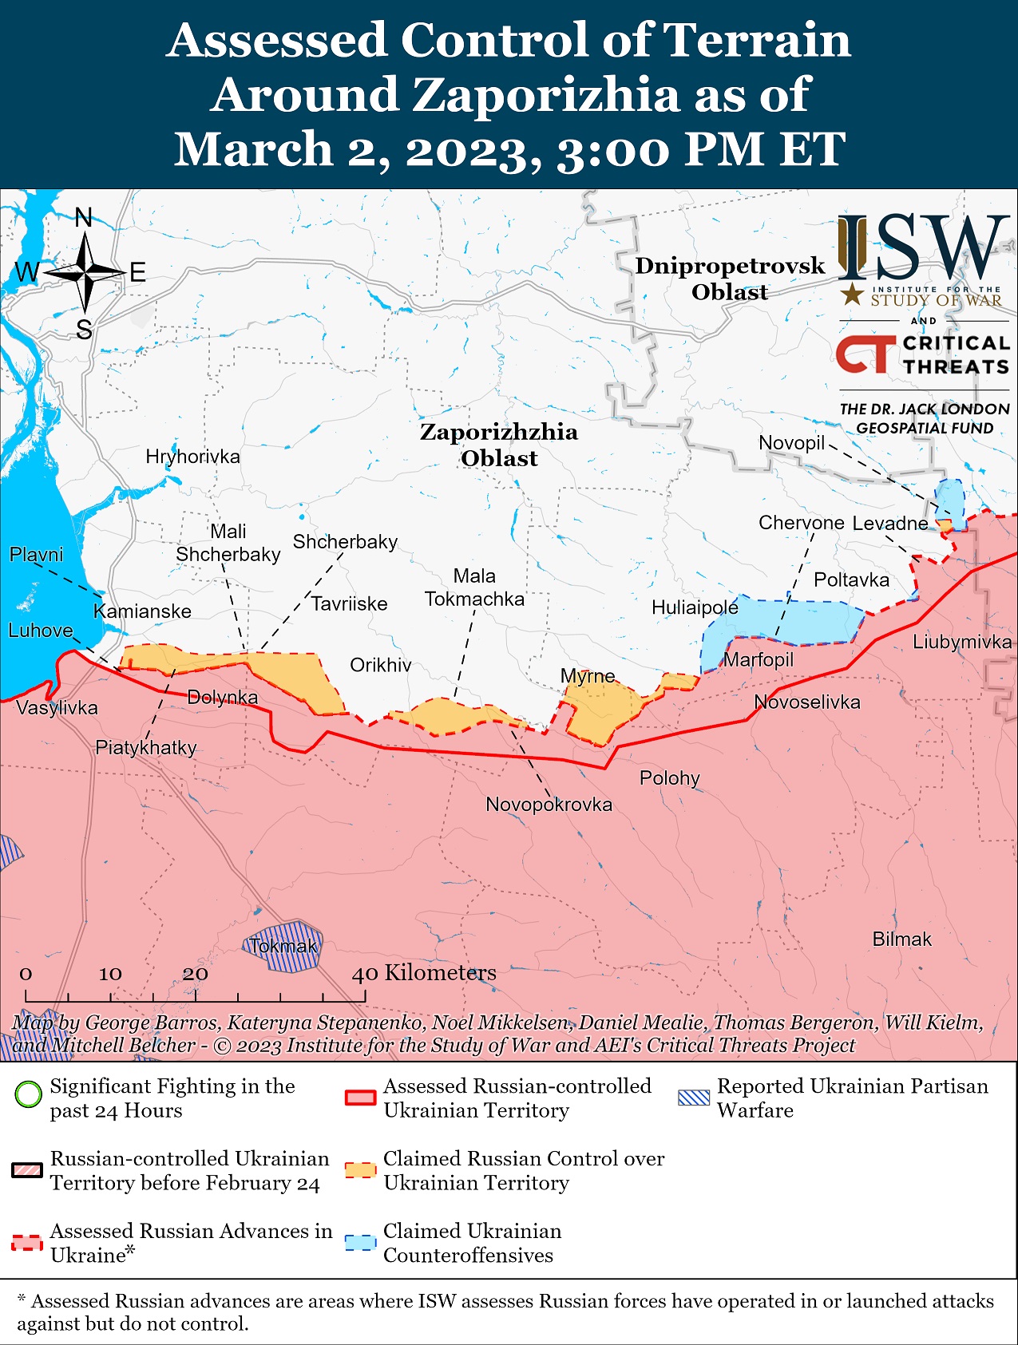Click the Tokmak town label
tap(283, 947)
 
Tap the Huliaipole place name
tap(695, 608)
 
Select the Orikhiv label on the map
tap(381, 666)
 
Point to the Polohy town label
tap(669, 778)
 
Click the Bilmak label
tap(901, 940)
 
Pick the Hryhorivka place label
tap(192, 457)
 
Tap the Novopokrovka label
tap(549, 805)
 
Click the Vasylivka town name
tap(57, 708)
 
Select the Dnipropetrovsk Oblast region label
tap(730, 279)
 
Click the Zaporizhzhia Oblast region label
tap(499, 445)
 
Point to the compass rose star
tap(85, 273)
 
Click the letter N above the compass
tap(84, 217)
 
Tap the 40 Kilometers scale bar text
tap(424, 973)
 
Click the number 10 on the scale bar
tap(110, 974)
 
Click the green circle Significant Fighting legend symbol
tap(29, 1094)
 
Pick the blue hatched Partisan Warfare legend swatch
tap(693, 1098)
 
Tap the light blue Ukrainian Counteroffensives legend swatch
tap(360, 1243)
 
